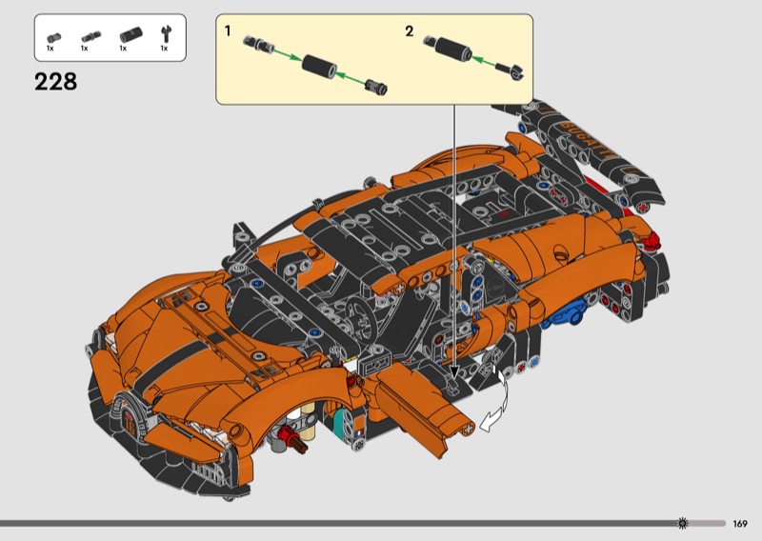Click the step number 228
pyautogui.click(x=55, y=82)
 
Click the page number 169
pyautogui.click(x=740, y=524)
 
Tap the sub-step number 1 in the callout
pyautogui.click(x=228, y=31)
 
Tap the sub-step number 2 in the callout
pyautogui.click(x=410, y=31)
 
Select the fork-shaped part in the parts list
pyautogui.click(x=165, y=35)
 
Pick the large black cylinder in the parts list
pyautogui.click(x=130, y=35)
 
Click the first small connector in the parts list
pyautogui.click(x=53, y=38)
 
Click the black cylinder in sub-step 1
pyautogui.click(x=319, y=66)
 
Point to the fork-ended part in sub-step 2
pyautogui.click(x=511, y=70)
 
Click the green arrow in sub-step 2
pyautogui.click(x=484, y=61)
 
